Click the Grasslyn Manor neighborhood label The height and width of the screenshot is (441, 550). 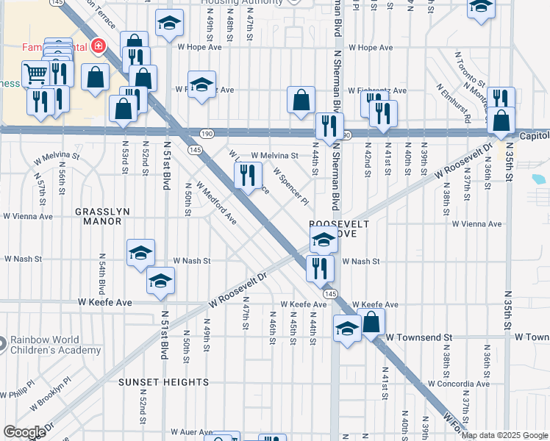[102, 215]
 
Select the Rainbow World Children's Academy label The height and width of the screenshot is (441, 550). [55, 345]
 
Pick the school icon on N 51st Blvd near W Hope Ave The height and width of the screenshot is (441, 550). [169, 24]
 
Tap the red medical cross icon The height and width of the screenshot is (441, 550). [96, 48]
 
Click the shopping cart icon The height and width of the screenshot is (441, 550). [35, 73]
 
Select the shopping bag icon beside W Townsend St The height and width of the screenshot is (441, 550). [372, 321]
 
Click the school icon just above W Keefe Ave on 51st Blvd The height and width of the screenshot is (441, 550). [160, 281]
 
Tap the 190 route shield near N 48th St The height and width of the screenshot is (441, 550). [208, 133]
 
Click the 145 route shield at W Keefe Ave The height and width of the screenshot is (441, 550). [330, 293]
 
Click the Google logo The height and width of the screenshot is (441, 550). [24, 432]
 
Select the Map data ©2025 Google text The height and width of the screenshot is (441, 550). [504, 435]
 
